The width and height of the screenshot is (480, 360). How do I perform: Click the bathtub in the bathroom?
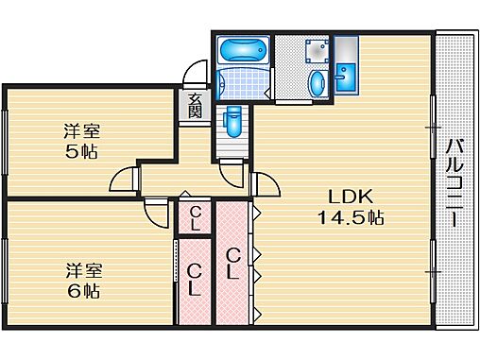(x=243, y=50)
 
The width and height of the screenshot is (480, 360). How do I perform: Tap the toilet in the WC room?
(x=232, y=122)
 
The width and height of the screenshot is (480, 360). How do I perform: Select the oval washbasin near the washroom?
(x=317, y=83)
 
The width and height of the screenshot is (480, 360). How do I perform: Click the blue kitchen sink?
(x=346, y=77)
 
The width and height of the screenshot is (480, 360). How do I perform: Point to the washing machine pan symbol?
(x=317, y=51)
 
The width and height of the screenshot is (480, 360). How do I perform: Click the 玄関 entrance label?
(x=195, y=106)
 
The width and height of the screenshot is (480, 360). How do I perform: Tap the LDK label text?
(x=351, y=197)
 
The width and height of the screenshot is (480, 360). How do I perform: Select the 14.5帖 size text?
(x=351, y=217)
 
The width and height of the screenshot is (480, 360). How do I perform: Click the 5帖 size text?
(x=81, y=152)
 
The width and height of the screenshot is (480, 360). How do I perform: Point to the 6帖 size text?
(x=83, y=292)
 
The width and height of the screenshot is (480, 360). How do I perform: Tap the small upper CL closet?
(x=195, y=218)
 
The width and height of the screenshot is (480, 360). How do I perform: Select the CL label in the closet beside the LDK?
(x=232, y=264)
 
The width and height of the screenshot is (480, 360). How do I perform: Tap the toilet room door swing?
(x=231, y=174)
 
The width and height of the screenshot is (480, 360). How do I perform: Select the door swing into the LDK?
(x=266, y=184)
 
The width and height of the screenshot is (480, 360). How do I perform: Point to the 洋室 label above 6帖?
(x=84, y=271)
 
